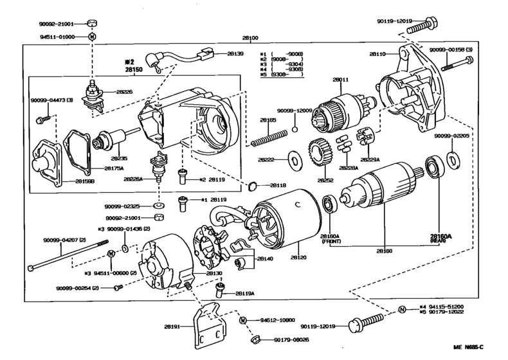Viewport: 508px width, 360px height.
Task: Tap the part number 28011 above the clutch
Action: tap(340, 80)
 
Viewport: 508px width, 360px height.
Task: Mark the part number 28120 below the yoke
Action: tap(298, 256)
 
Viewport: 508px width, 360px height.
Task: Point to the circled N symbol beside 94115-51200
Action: tap(402, 309)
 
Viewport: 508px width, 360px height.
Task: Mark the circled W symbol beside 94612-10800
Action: tap(243, 319)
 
